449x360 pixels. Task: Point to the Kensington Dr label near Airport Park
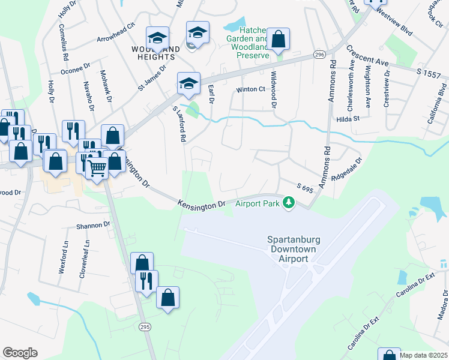[x=201, y=204]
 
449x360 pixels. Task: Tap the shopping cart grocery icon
[x=97, y=168]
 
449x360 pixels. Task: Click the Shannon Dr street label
[x=93, y=225]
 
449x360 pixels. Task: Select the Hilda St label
[x=348, y=119]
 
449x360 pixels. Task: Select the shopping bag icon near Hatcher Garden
[x=279, y=41]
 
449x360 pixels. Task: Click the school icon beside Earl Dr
[x=188, y=85]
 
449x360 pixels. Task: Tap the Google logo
[x=20, y=353]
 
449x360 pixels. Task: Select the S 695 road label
[x=305, y=188]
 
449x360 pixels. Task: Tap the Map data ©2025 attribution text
[x=423, y=355]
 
